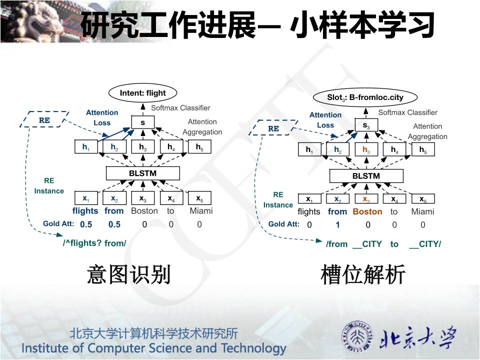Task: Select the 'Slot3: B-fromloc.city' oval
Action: click(365, 97)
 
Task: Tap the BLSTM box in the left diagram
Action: click(143, 173)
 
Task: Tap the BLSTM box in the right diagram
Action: click(366, 176)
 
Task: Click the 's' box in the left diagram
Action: click(142, 121)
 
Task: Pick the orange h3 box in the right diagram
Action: click(366, 149)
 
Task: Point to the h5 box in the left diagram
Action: click(199, 146)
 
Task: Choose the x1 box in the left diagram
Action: click(85, 198)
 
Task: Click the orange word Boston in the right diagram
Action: click(367, 211)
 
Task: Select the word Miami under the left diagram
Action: click(201, 210)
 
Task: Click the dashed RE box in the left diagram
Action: click(44, 120)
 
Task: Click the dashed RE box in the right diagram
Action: click(273, 128)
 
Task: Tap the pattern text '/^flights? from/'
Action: click(94, 243)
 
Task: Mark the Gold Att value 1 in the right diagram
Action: click(337, 225)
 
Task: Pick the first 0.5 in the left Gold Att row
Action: click(86, 224)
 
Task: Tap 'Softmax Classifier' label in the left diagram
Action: click(180, 107)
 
